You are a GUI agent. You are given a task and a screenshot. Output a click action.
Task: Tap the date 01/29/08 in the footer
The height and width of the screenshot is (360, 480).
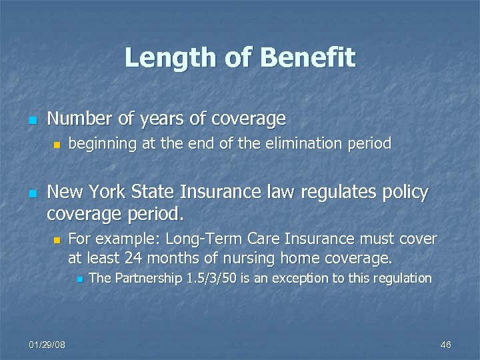coord(47,344)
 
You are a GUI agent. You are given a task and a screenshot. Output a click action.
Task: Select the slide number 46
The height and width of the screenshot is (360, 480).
coord(446,344)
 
